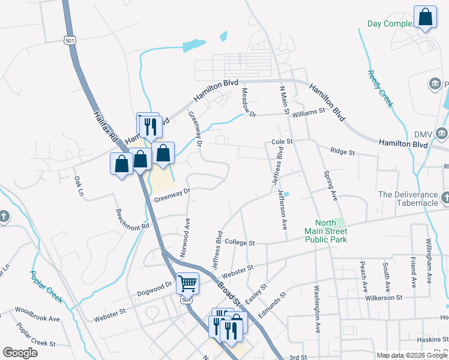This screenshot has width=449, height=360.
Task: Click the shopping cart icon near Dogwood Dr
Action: point(188,283)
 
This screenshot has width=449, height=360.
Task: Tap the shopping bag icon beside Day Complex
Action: point(424,18)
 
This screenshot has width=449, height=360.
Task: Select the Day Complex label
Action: point(391,24)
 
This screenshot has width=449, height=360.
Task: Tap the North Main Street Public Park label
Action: point(326,230)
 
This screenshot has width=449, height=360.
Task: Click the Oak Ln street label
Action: point(78,185)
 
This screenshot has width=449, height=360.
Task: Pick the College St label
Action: point(240,243)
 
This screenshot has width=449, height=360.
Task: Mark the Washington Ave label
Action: point(316,309)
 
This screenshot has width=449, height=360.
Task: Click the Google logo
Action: point(20,353)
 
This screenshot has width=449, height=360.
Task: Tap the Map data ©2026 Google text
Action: point(411,355)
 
